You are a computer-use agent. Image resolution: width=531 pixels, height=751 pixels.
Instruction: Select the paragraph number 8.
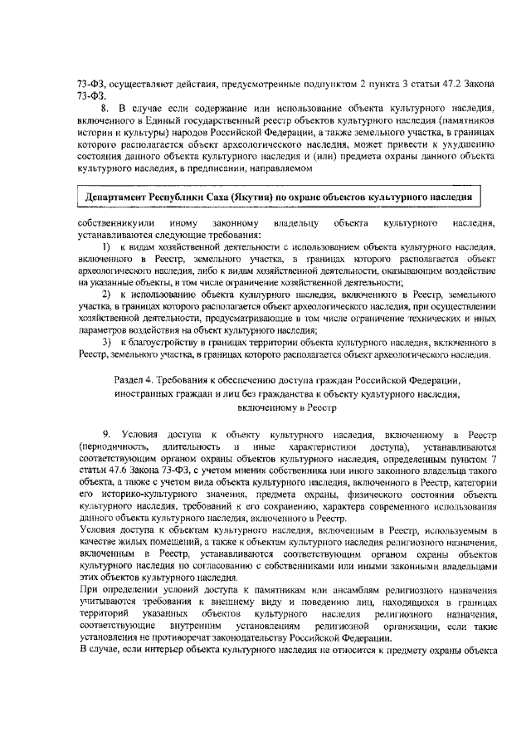click(x=105, y=109)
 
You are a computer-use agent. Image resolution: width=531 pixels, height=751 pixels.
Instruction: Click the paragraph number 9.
click(x=105, y=435)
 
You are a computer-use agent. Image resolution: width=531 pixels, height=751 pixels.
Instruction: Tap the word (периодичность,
click(x=108, y=446)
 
